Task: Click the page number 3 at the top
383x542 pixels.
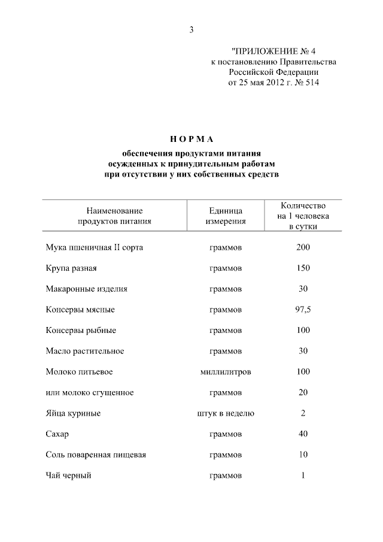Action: click(x=191, y=31)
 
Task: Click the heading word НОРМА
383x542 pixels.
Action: click(x=191, y=139)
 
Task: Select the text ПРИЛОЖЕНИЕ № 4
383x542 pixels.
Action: click(x=275, y=51)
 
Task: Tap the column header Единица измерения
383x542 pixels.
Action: click(x=226, y=216)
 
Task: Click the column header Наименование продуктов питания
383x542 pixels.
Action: click(x=114, y=216)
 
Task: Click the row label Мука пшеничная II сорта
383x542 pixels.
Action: click(x=95, y=247)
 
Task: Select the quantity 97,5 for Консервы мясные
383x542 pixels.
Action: click(x=303, y=310)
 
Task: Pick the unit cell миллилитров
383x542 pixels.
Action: click(x=226, y=372)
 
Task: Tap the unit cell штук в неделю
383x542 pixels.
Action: click(x=226, y=413)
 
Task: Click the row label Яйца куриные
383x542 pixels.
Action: click(x=72, y=413)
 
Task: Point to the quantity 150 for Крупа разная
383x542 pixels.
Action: click(x=303, y=268)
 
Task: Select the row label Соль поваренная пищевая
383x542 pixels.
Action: click(x=96, y=455)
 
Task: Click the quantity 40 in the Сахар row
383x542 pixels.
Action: click(x=303, y=434)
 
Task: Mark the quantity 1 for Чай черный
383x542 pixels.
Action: click(x=303, y=476)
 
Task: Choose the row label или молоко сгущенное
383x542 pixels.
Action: click(x=89, y=393)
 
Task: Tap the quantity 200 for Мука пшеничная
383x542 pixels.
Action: click(x=303, y=247)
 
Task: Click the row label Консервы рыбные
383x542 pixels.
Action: click(x=81, y=331)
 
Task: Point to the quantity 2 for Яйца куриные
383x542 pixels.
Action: click(x=303, y=413)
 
